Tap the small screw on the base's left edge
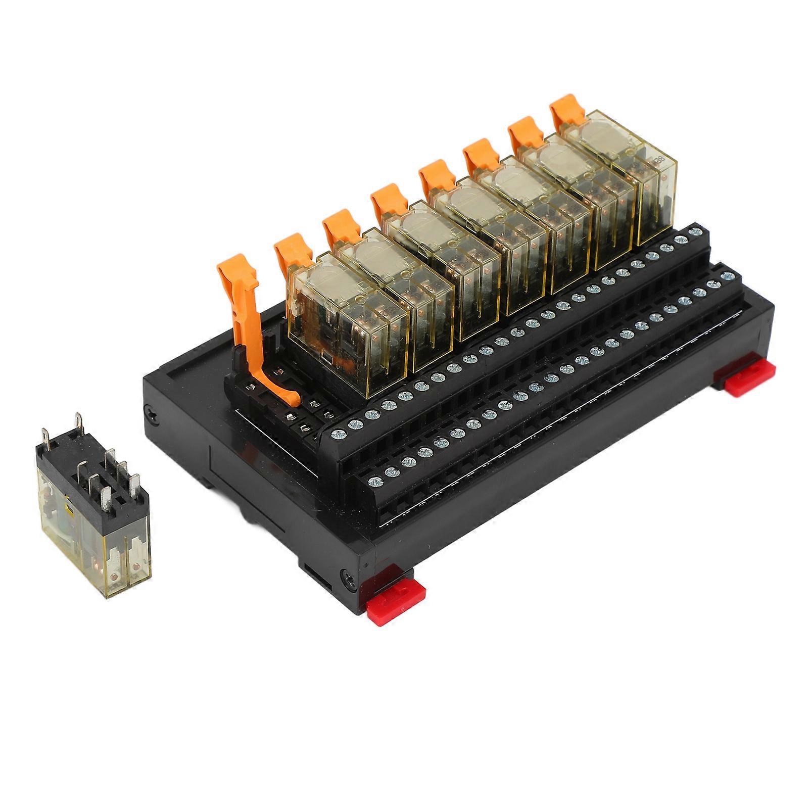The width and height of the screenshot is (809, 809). (151, 413)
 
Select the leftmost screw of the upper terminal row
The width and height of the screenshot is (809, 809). (337, 434)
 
